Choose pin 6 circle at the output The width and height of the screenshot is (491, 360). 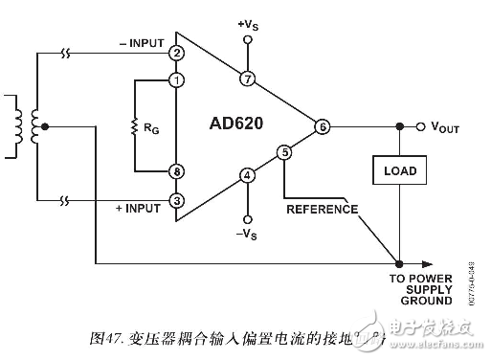(322, 126)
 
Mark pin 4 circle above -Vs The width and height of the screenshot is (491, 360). (248, 175)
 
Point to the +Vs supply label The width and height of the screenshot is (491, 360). (248, 20)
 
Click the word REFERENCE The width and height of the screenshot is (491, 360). (321, 208)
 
